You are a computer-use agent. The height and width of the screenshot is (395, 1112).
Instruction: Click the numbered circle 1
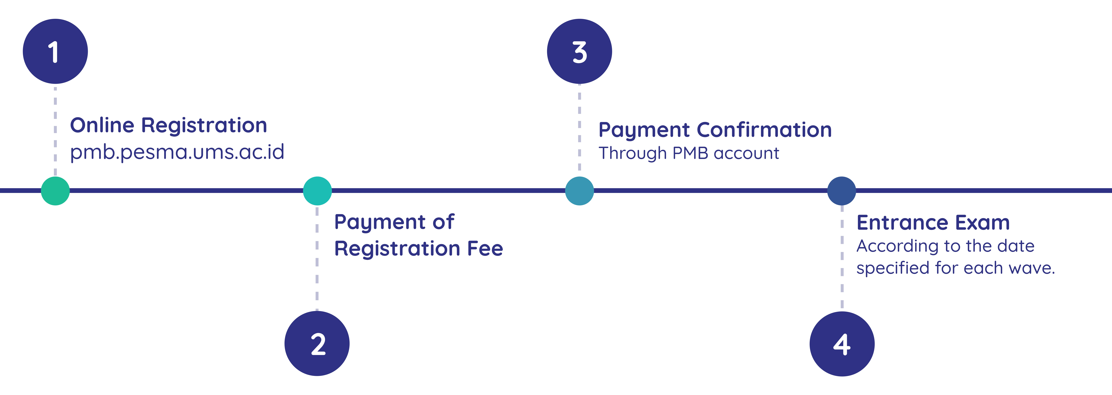(x=55, y=51)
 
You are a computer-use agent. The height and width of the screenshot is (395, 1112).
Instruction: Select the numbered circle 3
(x=579, y=51)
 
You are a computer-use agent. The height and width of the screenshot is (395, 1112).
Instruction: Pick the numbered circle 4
(x=842, y=344)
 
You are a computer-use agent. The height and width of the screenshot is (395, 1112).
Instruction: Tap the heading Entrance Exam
(x=933, y=223)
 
